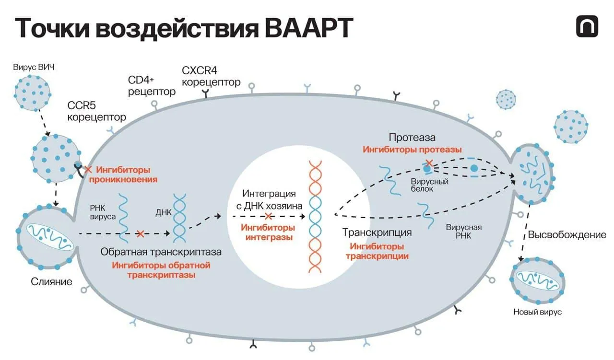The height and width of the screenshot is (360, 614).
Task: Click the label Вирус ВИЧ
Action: click(x=34, y=67)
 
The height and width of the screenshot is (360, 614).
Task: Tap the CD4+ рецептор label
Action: click(x=152, y=85)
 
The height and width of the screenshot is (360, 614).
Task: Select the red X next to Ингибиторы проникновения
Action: click(x=88, y=170)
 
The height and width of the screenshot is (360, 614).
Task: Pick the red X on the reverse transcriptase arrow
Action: click(x=140, y=234)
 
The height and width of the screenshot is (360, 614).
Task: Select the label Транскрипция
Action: click(x=377, y=232)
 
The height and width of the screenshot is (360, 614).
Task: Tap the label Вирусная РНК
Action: click(x=463, y=232)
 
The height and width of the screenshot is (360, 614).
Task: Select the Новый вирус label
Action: click(x=537, y=312)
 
